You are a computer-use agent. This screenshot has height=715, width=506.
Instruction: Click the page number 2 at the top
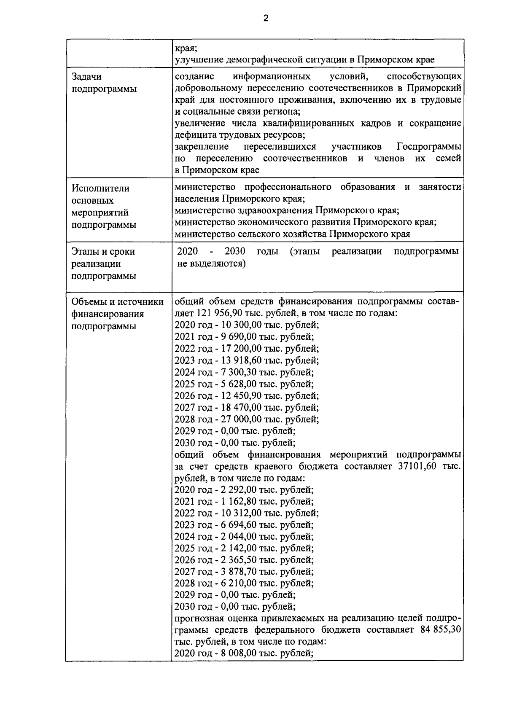tap(265, 18)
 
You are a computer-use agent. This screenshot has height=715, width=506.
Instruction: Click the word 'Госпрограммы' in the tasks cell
tap(428, 147)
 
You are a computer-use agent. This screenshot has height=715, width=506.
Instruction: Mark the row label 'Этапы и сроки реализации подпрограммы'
tap(103, 264)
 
